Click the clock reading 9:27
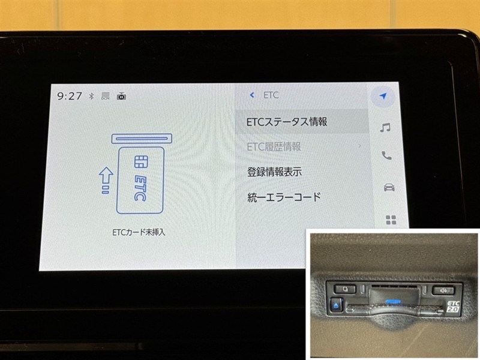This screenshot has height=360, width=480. (x=70, y=96)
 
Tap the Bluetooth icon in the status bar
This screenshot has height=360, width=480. (x=91, y=96)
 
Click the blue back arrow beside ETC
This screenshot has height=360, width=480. (x=252, y=95)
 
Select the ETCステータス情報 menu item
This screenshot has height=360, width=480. (x=287, y=122)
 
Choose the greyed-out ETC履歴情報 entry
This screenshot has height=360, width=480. (x=274, y=146)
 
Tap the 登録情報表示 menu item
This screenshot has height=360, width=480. (x=275, y=172)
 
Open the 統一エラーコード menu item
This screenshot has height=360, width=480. (x=284, y=197)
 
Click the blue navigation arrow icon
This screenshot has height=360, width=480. (x=383, y=96)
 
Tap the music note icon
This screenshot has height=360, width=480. (x=385, y=127)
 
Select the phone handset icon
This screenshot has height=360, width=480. (x=386, y=155)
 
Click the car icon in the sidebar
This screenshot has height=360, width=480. (x=389, y=187)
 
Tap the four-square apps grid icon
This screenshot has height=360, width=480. (x=391, y=220)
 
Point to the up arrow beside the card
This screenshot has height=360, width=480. (x=106, y=180)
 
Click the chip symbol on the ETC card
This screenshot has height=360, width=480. (x=141, y=161)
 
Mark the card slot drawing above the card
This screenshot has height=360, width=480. (x=142, y=139)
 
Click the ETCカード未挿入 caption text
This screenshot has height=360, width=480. (x=139, y=232)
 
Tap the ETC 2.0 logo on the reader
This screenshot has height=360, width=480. (x=453, y=307)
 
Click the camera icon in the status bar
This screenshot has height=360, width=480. (x=121, y=96)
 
